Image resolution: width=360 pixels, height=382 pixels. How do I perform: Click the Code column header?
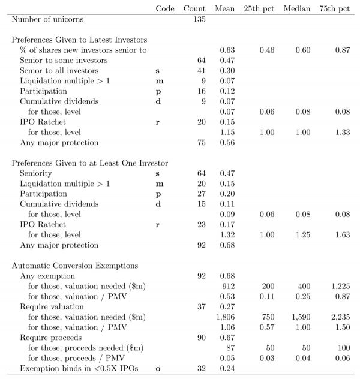[164, 8]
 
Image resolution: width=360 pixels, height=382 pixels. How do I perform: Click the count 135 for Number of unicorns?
[198, 19]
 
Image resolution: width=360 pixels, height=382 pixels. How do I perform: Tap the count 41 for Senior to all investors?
[200, 70]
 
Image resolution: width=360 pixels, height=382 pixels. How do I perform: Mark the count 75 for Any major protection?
[200, 142]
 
